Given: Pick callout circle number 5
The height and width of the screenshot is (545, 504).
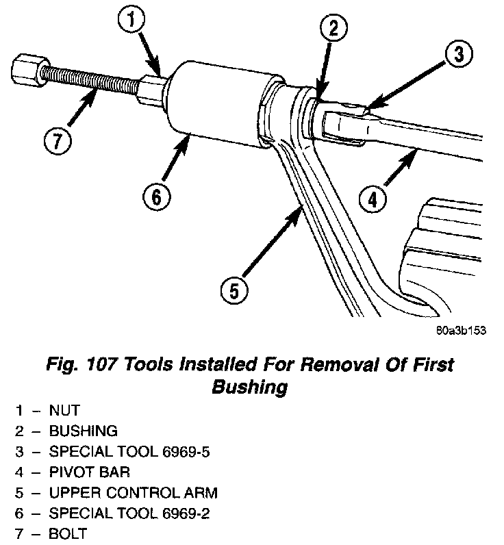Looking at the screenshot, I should pyautogui.click(x=234, y=291).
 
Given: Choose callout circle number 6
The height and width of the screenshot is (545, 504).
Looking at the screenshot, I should pyautogui.click(x=155, y=197).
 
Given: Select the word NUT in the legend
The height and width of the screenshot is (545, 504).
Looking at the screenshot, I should pyautogui.click(x=64, y=411).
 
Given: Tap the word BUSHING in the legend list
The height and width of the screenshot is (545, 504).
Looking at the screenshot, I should pyautogui.click(x=83, y=431).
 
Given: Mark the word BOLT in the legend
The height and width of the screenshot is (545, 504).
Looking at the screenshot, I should pyautogui.click(x=68, y=534).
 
